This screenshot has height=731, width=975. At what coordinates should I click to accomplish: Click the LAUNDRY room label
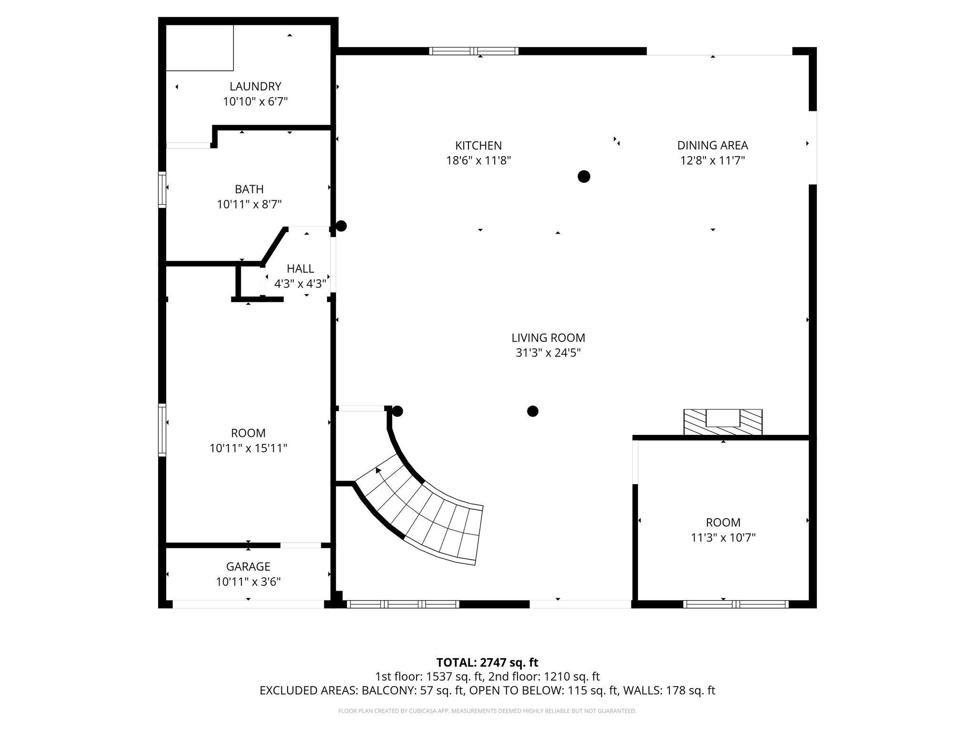(255, 86)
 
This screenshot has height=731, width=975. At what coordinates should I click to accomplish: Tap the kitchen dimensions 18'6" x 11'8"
(478, 160)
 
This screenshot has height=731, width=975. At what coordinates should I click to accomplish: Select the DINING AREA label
(712, 145)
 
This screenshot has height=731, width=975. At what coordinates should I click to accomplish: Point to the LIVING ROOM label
(548, 337)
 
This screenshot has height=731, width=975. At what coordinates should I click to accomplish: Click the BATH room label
(249, 189)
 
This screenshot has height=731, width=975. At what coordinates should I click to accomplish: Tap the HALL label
(300, 268)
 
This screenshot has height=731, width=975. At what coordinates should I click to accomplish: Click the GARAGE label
(248, 566)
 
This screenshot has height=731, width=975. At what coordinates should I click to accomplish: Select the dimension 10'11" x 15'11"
(248, 448)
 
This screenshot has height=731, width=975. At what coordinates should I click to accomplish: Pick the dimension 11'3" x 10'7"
(723, 538)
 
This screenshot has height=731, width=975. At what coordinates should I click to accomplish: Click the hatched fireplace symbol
(723, 422)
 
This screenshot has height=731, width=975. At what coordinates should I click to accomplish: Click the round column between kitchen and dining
(584, 177)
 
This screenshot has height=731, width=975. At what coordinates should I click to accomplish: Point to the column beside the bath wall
(341, 226)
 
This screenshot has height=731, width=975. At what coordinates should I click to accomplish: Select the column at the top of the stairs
(398, 411)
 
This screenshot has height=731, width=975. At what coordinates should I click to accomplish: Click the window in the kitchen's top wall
(474, 51)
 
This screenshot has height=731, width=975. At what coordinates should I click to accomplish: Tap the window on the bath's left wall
(162, 189)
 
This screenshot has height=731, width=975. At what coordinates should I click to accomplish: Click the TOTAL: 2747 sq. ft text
(487, 662)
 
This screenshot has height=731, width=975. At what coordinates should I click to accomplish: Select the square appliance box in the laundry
(199, 48)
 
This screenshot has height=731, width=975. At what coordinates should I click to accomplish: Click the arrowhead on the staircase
(378, 471)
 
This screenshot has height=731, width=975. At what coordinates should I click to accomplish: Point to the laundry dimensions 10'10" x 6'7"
(255, 101)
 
